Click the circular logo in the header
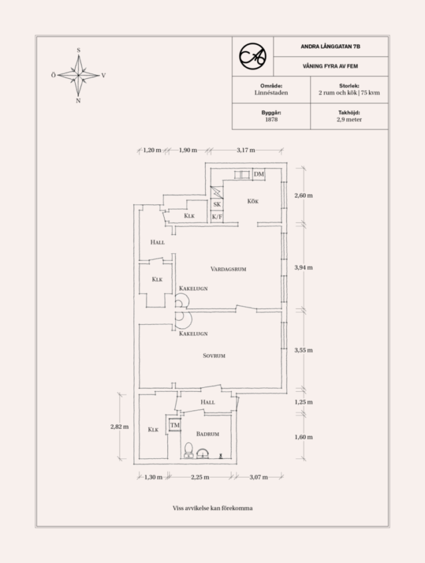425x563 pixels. (253, 56)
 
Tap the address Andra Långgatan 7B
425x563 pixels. (331, 46)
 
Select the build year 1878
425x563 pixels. (272, 119)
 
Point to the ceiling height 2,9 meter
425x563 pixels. (349, 119)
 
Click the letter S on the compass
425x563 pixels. (78, 50)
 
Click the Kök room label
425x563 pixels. (253, 201)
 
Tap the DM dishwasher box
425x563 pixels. (259, 174)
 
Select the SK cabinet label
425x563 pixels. (216, 204)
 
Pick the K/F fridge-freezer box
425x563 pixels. (216, 216)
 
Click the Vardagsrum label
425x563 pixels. (228, 269)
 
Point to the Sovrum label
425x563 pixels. (214, 355)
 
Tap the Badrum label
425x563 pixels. (207, 434)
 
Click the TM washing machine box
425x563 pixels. (175, 425)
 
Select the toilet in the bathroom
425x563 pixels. (189, 450)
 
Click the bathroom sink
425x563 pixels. (203, 453)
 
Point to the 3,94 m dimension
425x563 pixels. (303, 267)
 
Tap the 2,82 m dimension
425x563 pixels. (120, 427)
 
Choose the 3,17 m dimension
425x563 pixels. (246, 150)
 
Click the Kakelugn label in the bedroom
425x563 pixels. (193, 334)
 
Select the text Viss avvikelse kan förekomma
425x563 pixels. (212, 508)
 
